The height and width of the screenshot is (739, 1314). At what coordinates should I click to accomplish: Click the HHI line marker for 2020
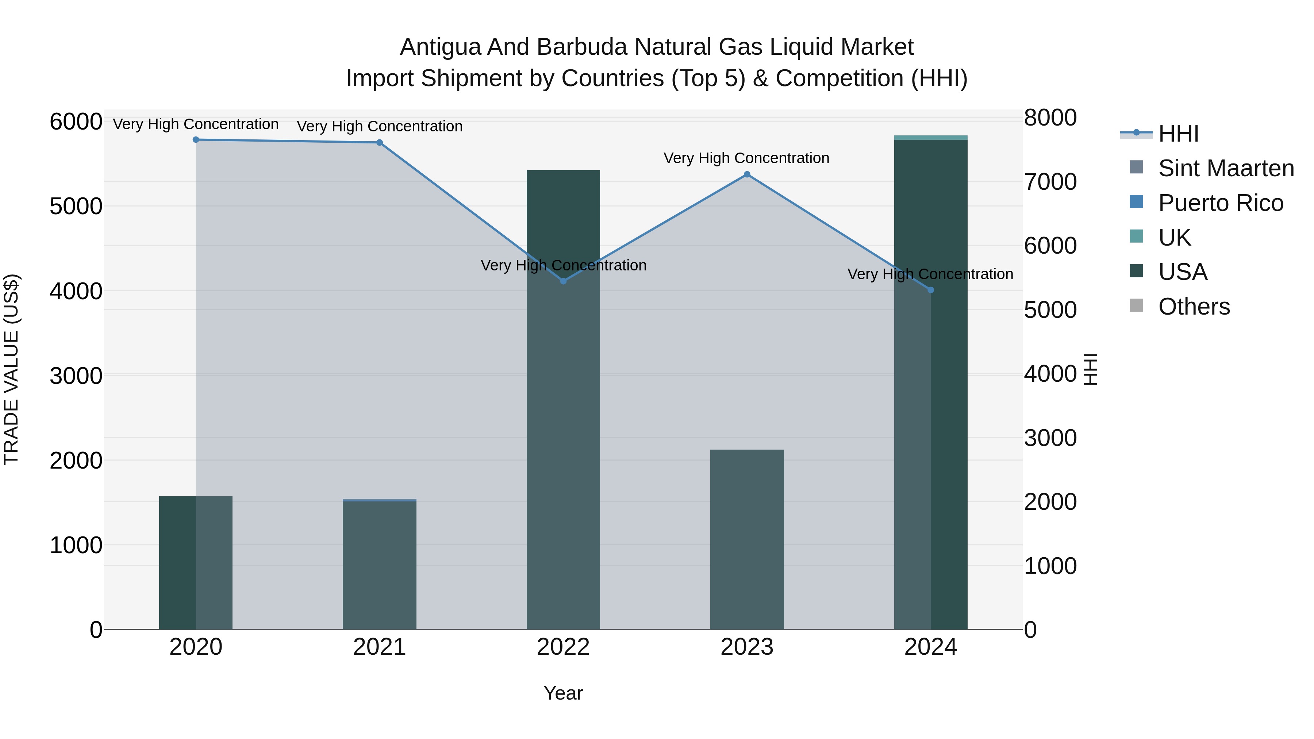196,140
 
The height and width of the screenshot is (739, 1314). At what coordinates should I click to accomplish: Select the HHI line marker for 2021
380,143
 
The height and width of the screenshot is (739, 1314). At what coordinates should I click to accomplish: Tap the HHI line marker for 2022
563,281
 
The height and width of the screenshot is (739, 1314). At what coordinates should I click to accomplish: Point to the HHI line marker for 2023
747,174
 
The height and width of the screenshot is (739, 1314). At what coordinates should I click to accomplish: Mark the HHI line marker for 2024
930,290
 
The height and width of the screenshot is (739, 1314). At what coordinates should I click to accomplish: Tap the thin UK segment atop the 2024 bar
930,138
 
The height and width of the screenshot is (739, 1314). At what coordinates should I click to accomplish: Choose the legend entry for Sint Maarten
1226,168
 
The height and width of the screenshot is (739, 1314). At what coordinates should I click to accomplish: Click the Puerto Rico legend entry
1220,203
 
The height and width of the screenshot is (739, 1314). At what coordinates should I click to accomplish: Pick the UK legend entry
1174,238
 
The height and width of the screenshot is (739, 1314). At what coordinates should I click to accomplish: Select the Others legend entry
1194,307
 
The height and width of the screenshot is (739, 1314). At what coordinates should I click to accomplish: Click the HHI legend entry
1178,134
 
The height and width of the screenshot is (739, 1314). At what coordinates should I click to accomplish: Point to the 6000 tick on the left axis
76,122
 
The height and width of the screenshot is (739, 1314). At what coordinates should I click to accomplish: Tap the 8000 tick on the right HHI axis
1050,118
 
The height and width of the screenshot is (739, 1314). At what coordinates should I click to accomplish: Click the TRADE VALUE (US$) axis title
11,369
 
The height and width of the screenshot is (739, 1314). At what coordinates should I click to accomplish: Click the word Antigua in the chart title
440,47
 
